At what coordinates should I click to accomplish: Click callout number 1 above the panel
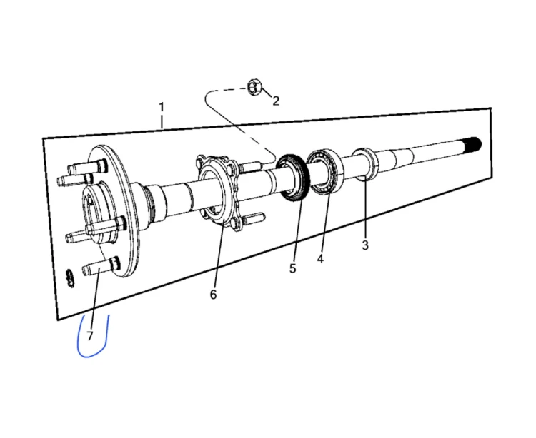(x=162, y=107)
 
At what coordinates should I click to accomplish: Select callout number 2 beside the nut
(x=276, y=101)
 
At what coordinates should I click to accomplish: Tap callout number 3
(x=365, y=245)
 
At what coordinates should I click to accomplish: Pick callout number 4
(x=320, y=259)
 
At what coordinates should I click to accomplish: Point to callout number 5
(x=292, y=268)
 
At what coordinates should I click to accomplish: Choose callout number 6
(x=213, y=295)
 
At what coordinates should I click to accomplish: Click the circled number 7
(x=90, y=336)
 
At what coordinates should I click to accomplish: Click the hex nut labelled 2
(x=254, y=86)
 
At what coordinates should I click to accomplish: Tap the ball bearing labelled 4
(x=324, y=172)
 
